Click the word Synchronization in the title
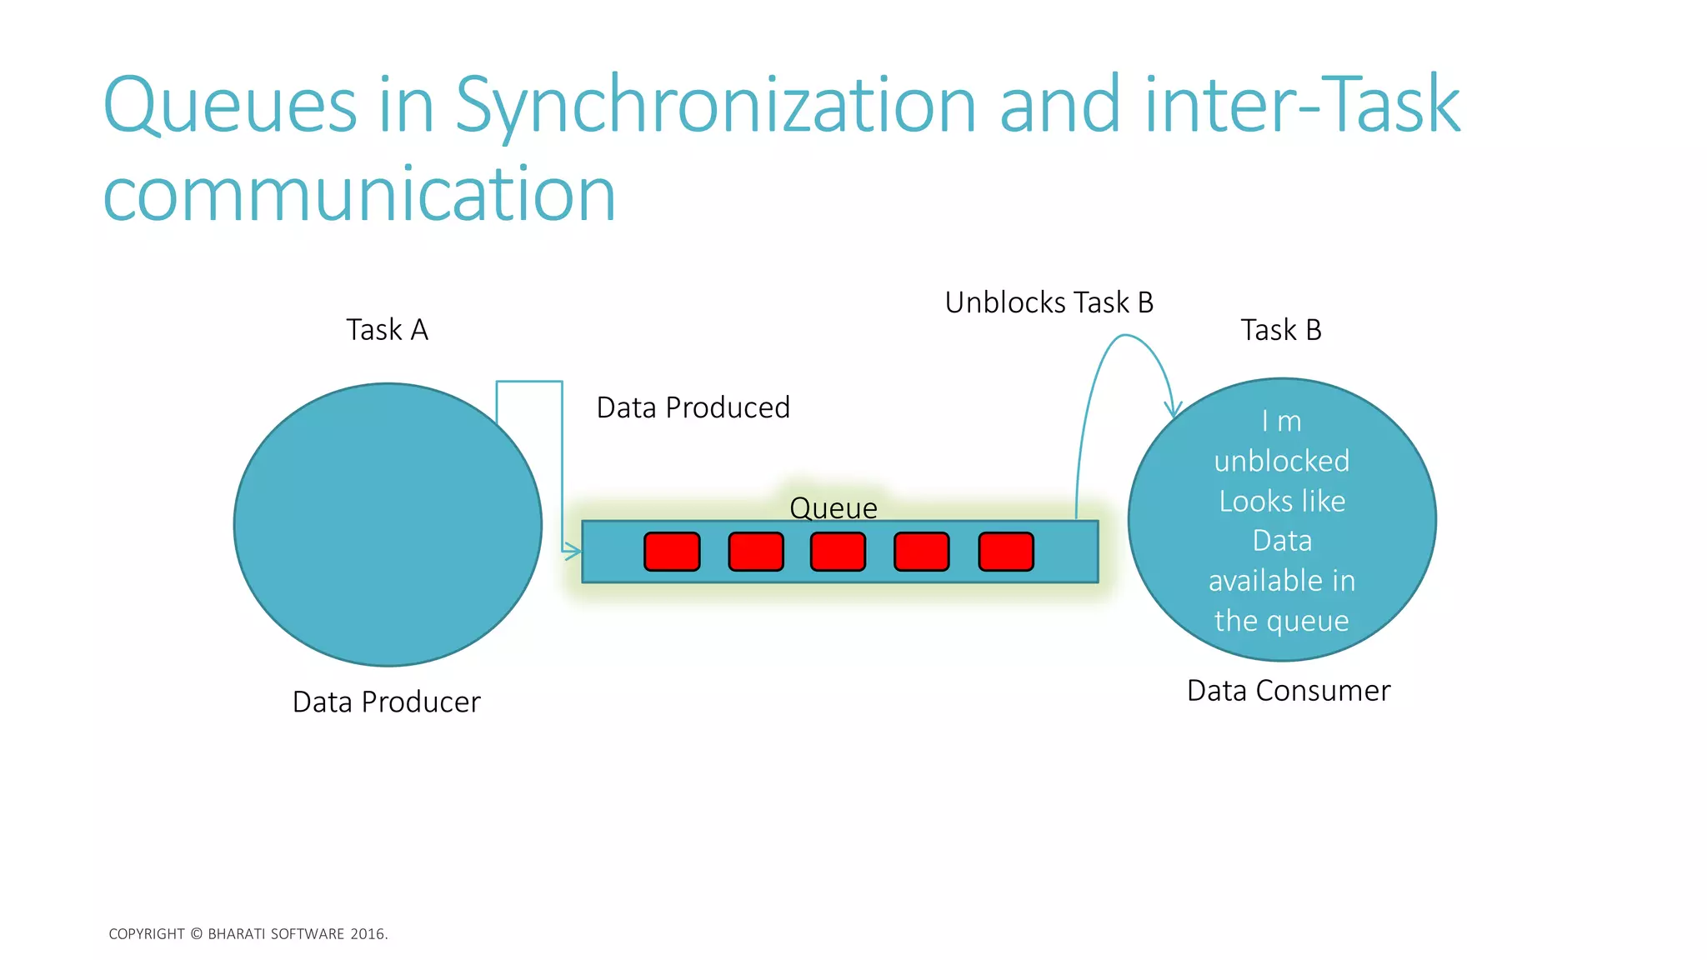[x=715, y=107]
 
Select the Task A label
[x=387, y=330]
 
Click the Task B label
[x=1280, y=330]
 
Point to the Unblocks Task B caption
[x=1049, y=302]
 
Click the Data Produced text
[x=693, y=407]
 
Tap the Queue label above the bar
[x=833, y=507]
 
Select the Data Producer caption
[x=386, y=702]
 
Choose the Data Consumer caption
[x=1288, y=691]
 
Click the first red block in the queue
[x=672, y=552]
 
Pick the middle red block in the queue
[x=838, y=552]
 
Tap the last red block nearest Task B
[x=1005, y=552]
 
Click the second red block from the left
[x=755, y=552]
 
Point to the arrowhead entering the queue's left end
[x=573, y=551]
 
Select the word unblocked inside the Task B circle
[x=1281, y=461]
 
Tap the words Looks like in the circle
[x=1281, y=501]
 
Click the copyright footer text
[x=248, y=934]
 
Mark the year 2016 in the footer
[x=368, y=934]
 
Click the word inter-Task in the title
[x=1303, y=107]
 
